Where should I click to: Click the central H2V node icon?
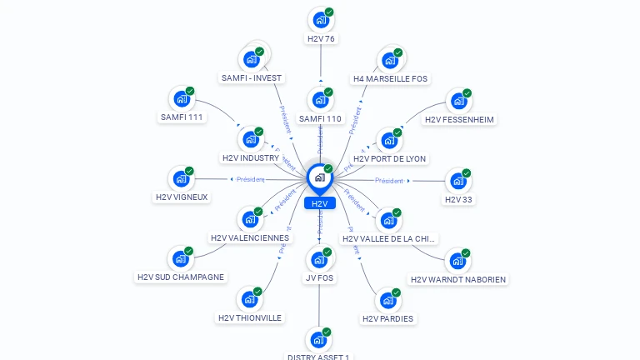(x=320, y=177)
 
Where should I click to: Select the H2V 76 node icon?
(x=320, y=19)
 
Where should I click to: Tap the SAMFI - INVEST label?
(x=252, y=78)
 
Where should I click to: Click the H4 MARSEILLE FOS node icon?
(x=389, y=59)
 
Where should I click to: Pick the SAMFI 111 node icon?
(x=182, y=98)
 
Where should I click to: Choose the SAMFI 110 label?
(x=321, y=119)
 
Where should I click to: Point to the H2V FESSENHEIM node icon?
(x=458, y=100)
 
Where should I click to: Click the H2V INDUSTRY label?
(x=251, y=157)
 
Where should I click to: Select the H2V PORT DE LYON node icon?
(x=389, y=139)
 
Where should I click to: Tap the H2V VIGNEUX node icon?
(x=182, y=178)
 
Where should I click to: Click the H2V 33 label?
(x=458, y=199)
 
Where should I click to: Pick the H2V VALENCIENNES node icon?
(x=250, y=219)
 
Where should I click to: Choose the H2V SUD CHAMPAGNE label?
(x=181, y=277)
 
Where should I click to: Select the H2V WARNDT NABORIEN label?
(x=458, y=279)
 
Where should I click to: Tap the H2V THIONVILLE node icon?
(x=250, y=298)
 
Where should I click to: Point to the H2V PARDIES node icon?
(x=388, y=299)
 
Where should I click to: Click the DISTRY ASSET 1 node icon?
(x=319, y=339)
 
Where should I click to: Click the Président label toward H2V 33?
(x=389, y=181)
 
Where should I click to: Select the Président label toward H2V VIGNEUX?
(x=250, y=179)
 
